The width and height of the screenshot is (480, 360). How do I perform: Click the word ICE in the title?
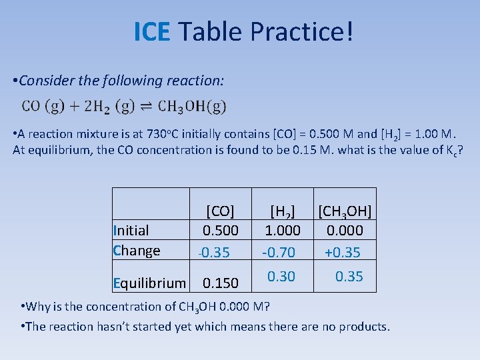[x=152, y=31]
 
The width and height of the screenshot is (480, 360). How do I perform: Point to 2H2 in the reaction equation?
[x=95, y=106]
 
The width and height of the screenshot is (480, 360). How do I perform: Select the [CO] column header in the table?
[x=220, y=211]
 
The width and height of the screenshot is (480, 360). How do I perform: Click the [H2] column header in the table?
[x=282, y=211]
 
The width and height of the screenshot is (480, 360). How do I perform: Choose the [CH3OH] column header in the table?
[x=345, y=211]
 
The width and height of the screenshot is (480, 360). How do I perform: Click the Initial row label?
[x=131, y=231]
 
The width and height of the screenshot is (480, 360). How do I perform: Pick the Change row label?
[x=137, y=251]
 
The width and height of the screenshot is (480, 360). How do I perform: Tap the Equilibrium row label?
[x=149, y=283]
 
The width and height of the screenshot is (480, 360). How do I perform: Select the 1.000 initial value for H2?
[x=282, y=231]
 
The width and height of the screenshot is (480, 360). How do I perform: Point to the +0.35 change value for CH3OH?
[x=343, y=252]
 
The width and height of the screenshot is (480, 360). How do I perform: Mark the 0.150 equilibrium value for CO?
[x=220, y=283]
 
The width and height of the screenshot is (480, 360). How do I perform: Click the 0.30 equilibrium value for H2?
[x=281, y=276]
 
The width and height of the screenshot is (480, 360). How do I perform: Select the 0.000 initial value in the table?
[x=345, y=231]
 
